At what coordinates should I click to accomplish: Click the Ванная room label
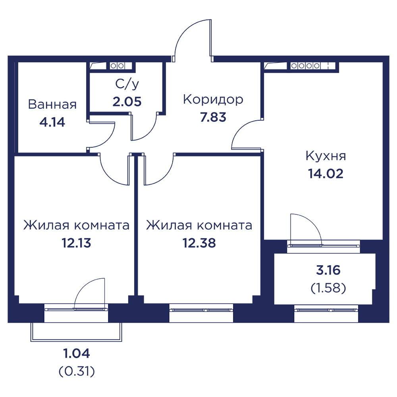52,104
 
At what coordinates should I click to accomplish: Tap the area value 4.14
52,122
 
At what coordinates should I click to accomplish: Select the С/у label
127,84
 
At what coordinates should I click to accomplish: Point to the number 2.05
127,102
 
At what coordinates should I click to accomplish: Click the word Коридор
213,100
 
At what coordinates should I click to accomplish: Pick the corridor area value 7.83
213,117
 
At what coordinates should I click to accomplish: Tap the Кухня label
326,156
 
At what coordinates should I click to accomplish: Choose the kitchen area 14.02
326,174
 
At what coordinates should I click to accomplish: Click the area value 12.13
77,243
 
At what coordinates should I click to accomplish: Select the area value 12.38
199,243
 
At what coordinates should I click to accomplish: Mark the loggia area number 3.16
328,270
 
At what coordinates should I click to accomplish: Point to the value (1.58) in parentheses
328,288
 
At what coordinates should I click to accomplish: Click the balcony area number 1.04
77,353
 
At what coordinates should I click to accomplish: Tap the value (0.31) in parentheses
77,372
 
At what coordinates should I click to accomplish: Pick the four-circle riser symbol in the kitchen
305,66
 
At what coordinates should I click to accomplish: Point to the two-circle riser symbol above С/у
117,66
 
